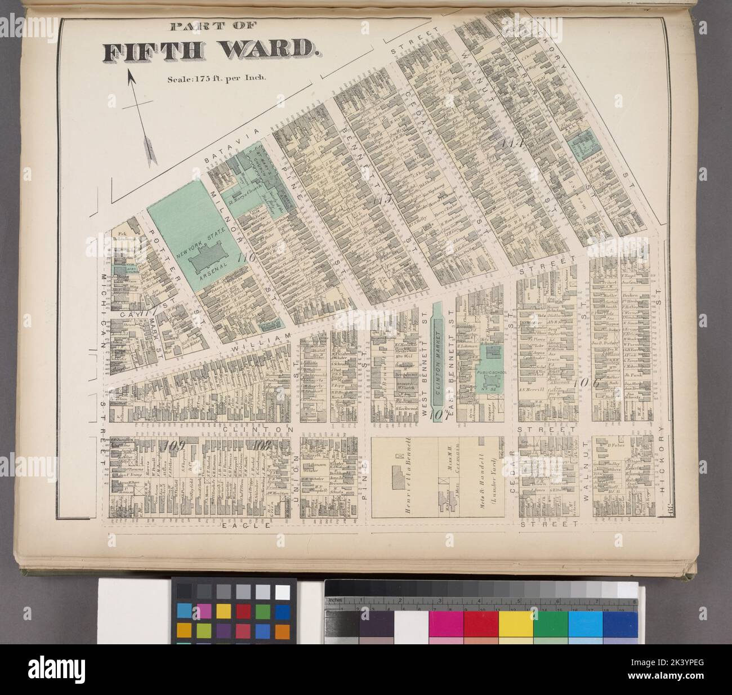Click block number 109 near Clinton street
172,444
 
